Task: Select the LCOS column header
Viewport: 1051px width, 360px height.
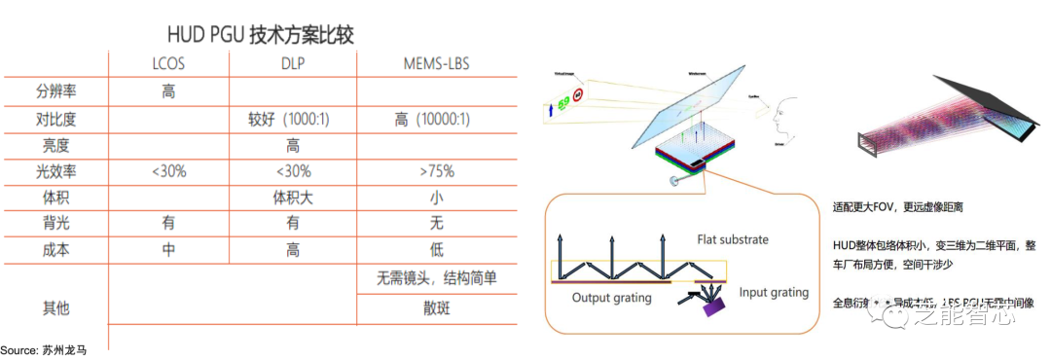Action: (x=168, y=64)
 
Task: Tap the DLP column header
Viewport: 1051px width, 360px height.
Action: (x=292, y=64)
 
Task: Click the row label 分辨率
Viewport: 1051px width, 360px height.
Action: (x=55, y=91)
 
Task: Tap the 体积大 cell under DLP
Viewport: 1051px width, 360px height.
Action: (x=292, y=198)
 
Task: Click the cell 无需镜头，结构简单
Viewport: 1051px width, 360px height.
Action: (x=436, y=278)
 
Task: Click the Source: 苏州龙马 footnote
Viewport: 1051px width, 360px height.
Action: (x=44, y=349)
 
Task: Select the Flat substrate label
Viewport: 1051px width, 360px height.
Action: (x=733, y=238)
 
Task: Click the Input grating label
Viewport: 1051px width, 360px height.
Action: (x=773, y=292)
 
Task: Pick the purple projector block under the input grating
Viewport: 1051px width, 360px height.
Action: (x=716, y=308)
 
